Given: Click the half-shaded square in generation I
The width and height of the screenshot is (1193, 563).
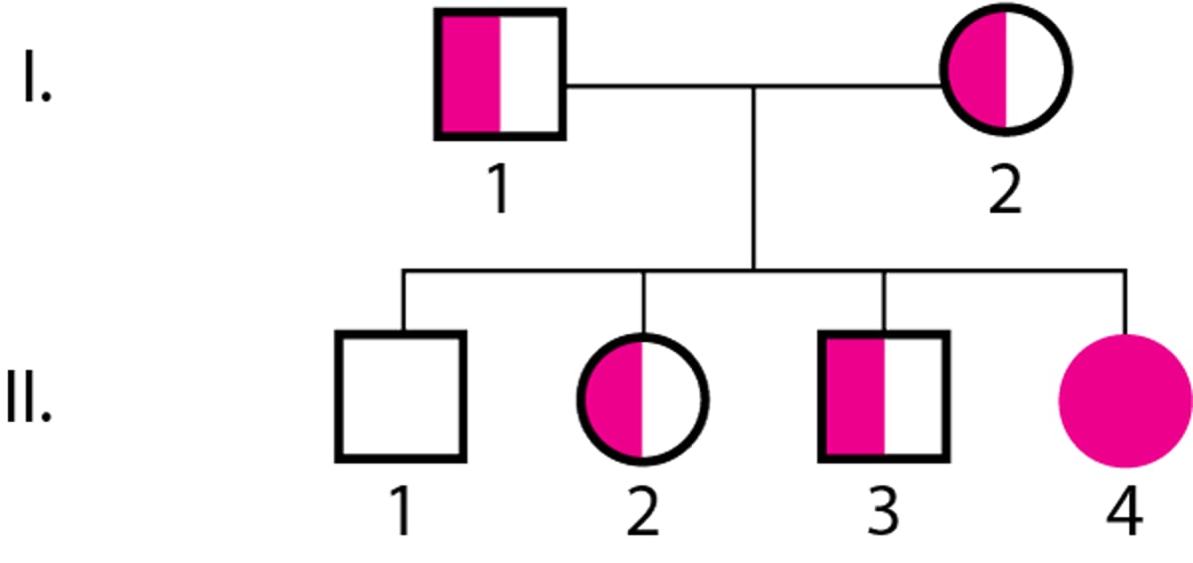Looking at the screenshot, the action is pyautogui.click(x=500, y=75).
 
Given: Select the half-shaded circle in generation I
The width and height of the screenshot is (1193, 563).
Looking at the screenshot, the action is pyautogui.click(x=1006, y=70).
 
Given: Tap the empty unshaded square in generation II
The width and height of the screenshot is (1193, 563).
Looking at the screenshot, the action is pyautogui.click(x=401, y=397).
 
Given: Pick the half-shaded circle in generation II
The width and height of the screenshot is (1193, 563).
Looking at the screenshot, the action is pyautogui.click(x=643, y=400).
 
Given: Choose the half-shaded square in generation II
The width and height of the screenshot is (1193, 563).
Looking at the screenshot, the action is pyautogui.click(x=884, y=397).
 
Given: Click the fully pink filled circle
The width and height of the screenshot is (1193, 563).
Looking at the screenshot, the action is pyautogui.click(x=1125, y=401).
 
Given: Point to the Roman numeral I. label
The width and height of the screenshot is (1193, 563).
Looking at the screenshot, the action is pyautogui.click(x=38, y=76).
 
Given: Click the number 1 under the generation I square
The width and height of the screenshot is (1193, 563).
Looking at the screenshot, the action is pyautogui.click(x=499, y=189).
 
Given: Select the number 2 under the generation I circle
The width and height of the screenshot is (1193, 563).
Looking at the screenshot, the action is pyautogui.click(x=1005, y=189).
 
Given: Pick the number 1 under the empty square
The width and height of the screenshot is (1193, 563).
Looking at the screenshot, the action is pyautogui.click(x=401, y=510).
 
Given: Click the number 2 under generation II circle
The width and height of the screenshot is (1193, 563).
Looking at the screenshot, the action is pyautogui.click(x=643, y=511).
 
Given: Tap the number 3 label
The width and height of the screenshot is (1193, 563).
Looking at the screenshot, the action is pyautogui.click(x=884, y=511).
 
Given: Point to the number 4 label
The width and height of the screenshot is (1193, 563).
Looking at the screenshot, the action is pyautogui.click(x=1124, y=511).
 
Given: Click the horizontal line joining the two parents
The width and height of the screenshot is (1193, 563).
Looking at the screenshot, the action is pyautogui.click(x=754, y=86).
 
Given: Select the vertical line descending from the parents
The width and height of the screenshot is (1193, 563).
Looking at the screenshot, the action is pyautogui.click(x=754, y=178).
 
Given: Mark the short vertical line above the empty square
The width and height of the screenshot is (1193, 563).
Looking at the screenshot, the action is pyautogui.click(x=404, y=301).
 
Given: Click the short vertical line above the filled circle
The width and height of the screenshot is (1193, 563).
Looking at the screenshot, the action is pyautogui.click(x=1124, y=302).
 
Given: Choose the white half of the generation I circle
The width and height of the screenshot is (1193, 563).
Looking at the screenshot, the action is pyautogui.click(x=1035, y=70).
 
